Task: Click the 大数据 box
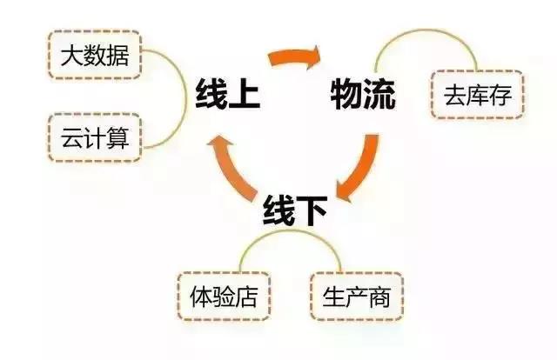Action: (95, 55)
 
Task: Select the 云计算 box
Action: (95, 137)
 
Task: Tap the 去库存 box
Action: (478, 95)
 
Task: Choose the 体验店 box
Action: (224, 297)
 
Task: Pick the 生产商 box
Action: (357, 297)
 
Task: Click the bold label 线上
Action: (228, 93)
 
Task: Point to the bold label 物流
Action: (363, 94)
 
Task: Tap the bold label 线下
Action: (295, 210)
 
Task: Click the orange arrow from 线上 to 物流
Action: (294, 57)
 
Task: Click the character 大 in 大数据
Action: (72, 56)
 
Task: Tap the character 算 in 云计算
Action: (117, 137)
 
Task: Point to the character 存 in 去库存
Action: (500, 95)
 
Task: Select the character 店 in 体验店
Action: (246, 297)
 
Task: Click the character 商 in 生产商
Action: (379, 297)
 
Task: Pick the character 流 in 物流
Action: (379, 94)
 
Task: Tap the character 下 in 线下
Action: (312, 210)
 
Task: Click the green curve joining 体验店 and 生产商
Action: (290, 231)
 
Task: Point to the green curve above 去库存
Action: (426, 30)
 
